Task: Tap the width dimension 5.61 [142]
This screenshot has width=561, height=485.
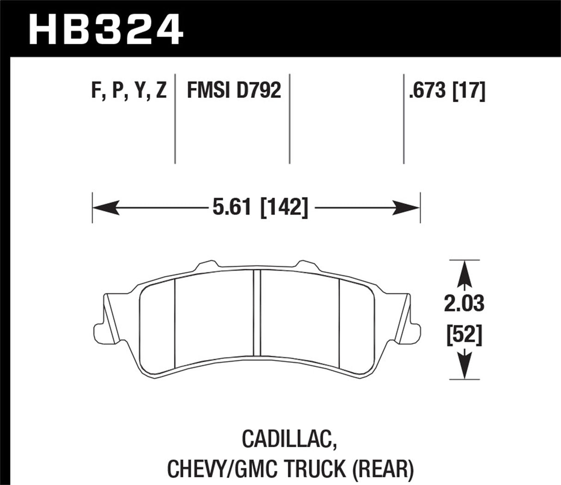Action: pyautogui.click(x=260, y=208)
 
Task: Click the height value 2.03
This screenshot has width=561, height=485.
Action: pyautogui.click(x=464, y=304)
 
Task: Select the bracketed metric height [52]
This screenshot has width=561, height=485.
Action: pyautogui.click(x=464, y=334)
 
